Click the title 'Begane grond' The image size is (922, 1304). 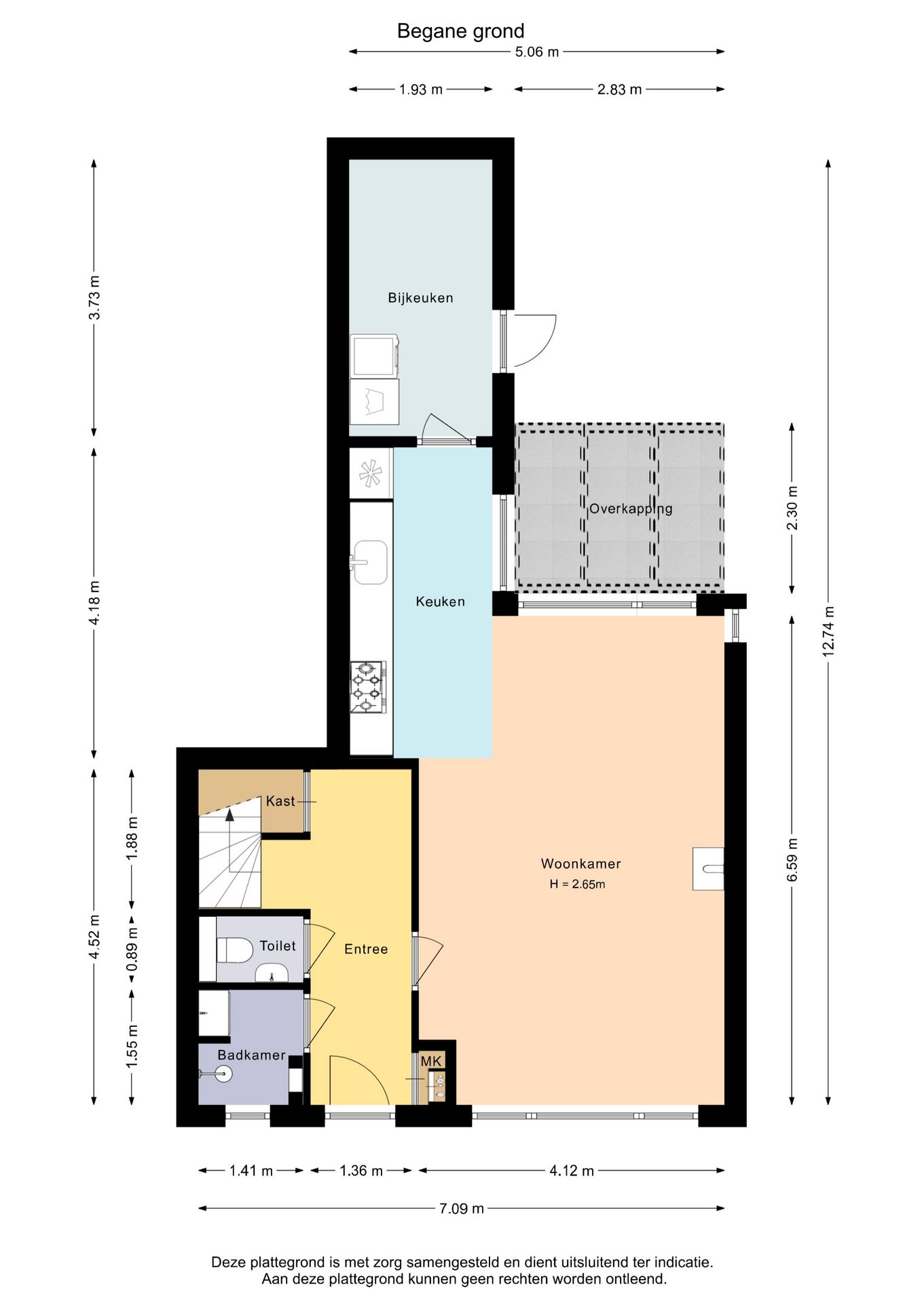pos(460,31)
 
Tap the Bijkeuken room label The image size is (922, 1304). pos(420,297)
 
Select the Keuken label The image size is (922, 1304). pos(440,601)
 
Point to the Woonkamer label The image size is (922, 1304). pos(580,864)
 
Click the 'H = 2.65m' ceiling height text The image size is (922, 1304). pos(577,884)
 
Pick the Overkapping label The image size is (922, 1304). pos(631,509)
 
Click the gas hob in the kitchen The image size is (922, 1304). pos(368,687)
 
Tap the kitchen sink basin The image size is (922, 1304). pos(370,562)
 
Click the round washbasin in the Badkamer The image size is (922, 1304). pos(221,1074)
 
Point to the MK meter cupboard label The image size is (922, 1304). pos(431,1062)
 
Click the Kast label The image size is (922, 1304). pos(280,801)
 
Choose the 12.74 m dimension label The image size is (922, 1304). pos(828,631)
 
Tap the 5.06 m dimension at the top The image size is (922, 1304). pos(537,52)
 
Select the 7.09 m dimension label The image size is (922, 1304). pos(462,1208)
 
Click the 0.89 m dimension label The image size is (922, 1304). pos(132,949)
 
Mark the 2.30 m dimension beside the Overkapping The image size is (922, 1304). pos(792,509)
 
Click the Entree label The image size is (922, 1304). pos(366,949)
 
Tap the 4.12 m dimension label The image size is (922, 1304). pos(572,1170)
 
